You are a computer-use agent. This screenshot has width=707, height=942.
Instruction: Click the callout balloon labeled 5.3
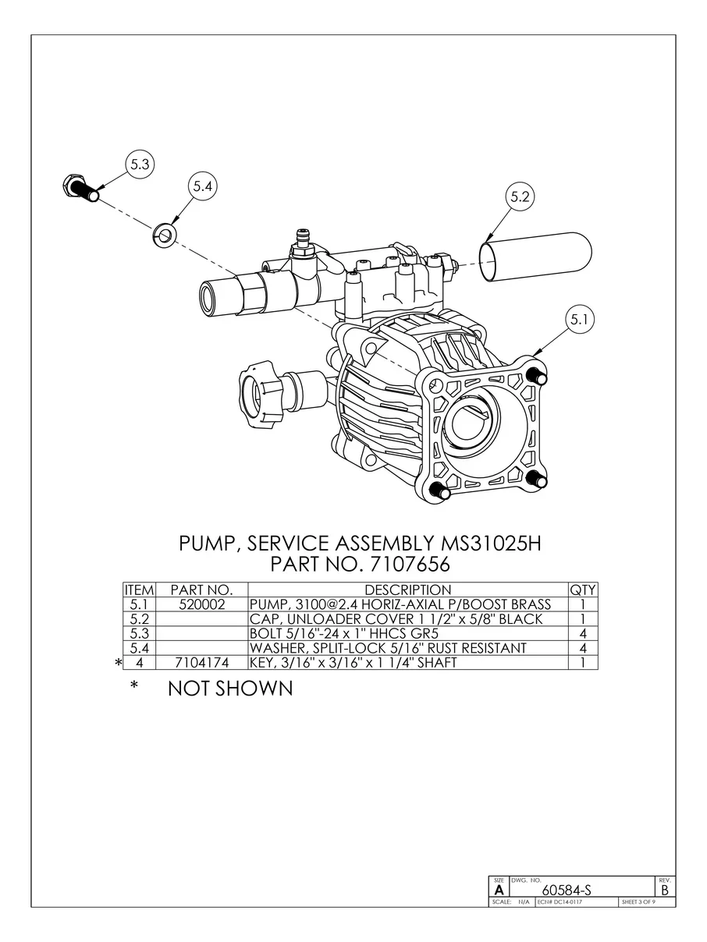(x=140, y=165)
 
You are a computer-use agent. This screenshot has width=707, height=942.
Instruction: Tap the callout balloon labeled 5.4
(x=202, y=186)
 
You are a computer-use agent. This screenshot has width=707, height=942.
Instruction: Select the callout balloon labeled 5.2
(x=520, y=197)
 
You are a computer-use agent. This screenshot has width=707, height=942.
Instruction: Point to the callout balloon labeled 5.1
(x=580, y=319)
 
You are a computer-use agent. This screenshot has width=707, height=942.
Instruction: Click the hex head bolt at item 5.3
(x=80, y=189)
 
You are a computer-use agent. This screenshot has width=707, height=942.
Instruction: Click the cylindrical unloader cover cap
(x=535, y=257)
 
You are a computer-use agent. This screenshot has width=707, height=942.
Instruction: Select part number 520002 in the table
(x=202, y=604)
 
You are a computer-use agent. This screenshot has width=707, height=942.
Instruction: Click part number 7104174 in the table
(x=202, y=663)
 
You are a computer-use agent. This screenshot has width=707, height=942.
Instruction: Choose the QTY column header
(x=582, y=590)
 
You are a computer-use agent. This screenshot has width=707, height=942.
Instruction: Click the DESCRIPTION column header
(x=408, y=590)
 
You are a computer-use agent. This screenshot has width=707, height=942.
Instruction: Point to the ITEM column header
(x=139, y=590)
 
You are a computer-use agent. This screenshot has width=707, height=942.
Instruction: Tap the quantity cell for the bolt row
(x=582, y=633)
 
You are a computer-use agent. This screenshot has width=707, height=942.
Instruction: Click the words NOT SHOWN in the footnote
(x=230, y=689)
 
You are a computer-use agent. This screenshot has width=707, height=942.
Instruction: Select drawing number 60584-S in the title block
(x=567, y=890)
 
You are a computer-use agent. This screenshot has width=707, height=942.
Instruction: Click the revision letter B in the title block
(x=665, y=890)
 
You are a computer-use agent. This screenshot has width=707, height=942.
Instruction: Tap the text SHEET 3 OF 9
(x=638, y=902)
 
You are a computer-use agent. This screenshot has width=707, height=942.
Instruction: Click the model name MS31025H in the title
(x=491, y=544)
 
